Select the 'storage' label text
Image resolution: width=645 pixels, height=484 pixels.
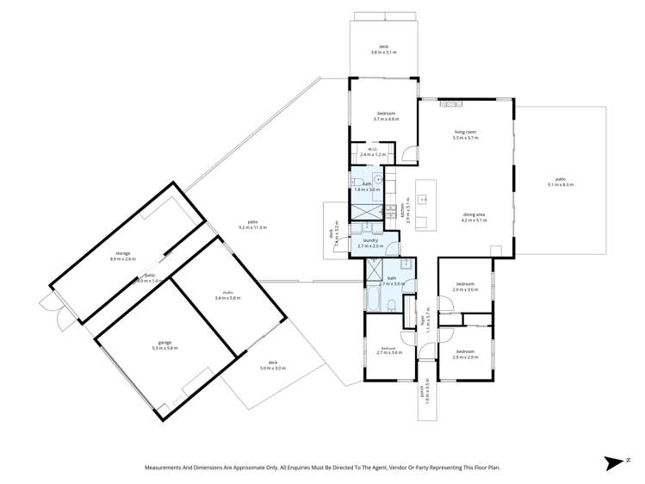tap(124, 253)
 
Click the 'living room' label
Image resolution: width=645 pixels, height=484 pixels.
tap(465, 132)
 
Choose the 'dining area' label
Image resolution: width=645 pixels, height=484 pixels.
tap(474, 215)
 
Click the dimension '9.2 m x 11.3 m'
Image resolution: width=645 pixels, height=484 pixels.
tap(252, 227)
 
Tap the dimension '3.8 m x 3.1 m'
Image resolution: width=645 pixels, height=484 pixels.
tap(384, 53)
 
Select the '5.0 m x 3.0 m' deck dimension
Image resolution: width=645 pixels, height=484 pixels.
tap(272, 368)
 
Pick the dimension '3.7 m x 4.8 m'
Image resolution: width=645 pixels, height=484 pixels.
tap(384, 119)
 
